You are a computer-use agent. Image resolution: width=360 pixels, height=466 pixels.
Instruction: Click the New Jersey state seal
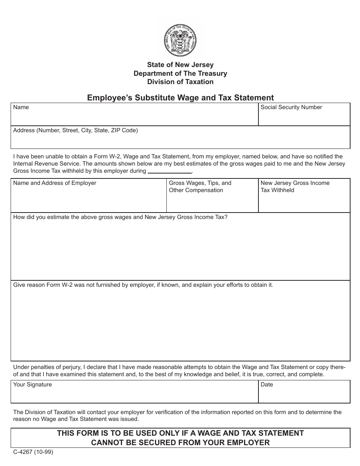180,39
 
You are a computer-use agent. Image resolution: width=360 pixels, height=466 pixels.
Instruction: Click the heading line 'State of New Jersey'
180,65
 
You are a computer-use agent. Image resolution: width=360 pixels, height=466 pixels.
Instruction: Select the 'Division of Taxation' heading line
180,82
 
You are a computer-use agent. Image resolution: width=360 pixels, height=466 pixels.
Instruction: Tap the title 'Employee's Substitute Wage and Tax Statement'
180,98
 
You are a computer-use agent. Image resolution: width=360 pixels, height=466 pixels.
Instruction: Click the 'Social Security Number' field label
291,107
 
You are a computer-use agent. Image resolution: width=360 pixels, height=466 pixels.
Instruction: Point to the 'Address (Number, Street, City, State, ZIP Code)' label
75,130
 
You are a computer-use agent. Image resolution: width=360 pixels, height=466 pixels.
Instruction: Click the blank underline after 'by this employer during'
170,171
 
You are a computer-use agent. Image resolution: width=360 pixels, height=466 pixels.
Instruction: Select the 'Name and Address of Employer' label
55,183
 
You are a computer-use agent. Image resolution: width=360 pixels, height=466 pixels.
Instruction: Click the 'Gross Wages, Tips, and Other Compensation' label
200,186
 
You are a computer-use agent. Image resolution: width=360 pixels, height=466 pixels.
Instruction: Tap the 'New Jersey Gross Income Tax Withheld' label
295,186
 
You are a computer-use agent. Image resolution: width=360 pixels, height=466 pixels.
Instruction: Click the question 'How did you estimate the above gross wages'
120,217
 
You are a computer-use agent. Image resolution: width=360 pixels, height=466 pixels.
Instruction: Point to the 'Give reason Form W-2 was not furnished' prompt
143,285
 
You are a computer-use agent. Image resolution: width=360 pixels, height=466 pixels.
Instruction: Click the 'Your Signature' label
32,385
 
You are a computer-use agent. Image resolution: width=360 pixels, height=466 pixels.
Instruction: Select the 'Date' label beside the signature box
267,385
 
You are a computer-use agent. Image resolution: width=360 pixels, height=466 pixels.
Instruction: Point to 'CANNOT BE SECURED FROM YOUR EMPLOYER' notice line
180,443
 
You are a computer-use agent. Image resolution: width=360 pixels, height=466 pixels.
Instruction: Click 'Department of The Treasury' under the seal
180,73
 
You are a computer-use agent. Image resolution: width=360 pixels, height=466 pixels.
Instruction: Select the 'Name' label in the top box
21,107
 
